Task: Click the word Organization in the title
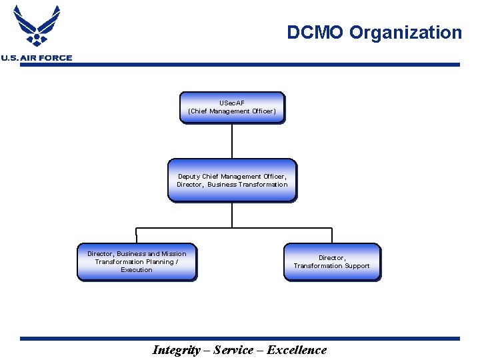406,33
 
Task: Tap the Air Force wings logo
37,27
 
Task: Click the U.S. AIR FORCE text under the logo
37,58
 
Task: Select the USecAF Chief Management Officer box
232,107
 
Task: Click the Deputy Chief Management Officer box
232,180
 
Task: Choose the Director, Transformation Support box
331,262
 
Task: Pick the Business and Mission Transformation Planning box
137,262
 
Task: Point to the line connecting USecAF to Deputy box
232,141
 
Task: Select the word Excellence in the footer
297,350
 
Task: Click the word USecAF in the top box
232,103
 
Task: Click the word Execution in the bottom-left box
137,270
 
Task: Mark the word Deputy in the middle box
189,177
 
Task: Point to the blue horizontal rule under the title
267,65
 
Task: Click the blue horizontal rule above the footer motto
240,339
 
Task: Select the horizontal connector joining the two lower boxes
233,228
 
